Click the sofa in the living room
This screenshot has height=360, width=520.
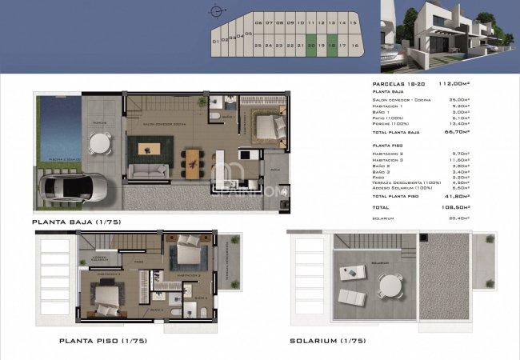pos(150,170)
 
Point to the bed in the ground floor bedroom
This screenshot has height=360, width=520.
pos(269,126)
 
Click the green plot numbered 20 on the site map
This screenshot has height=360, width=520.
pos(310,46)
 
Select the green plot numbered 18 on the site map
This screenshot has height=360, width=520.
pos(331,46)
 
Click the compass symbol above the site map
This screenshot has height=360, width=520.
pos(214,11)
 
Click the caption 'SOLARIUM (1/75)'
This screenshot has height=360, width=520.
pos(329,341)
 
